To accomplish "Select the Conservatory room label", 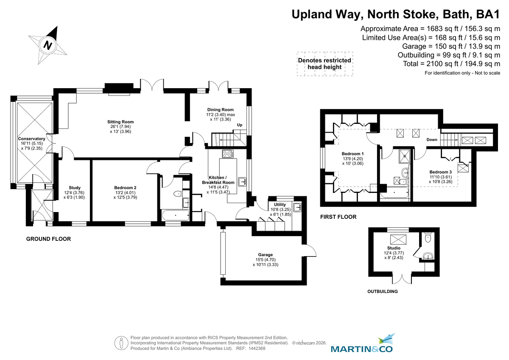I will tap(31, 139).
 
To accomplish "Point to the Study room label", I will tap(75, 188).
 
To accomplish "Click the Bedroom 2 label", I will tap(125, 188).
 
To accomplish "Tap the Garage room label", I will tap(265, 255).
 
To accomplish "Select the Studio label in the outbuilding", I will tap(394, 248).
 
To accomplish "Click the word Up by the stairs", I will tap(240, 125).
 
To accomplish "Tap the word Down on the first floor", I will tap(432, 140).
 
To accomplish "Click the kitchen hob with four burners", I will tap(228, 154).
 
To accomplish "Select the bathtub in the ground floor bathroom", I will tap(175, 215).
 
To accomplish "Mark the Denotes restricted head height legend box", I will tap(324, 64).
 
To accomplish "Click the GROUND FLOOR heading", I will tap(48, 239).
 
